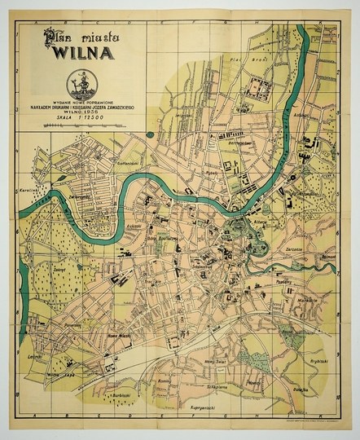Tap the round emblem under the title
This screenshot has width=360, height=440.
point(80,83)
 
